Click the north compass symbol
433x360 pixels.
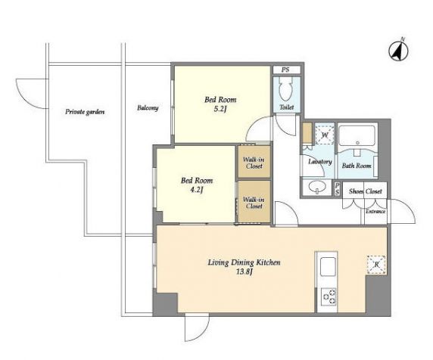click(x=398, y=51)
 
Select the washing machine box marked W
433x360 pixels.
click(x=325, y=135)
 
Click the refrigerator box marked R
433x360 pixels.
click(x=376, y=265)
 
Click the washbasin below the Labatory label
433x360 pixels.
click(x=316, y=187)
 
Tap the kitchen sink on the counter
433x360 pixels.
click(x=328, y=266)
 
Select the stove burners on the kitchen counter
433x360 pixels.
click(x=329, y=296)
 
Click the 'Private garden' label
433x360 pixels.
click(x=85, y=112)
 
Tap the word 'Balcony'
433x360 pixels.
click(x=148, y=108)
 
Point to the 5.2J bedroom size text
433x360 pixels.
click(x=220, y=109)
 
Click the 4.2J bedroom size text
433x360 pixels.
click(x=197, y=190)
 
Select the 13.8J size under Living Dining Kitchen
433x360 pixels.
click(x=244, y=272)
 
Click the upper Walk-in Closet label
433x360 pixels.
click(x=254, y=163)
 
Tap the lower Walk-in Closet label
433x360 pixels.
click(x=254, y=203)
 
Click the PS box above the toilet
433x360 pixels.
click(x=287, y=70)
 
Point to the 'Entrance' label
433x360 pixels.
click(x=375, y=212)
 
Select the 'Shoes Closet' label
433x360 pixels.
click(x=366, y=191)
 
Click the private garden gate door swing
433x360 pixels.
click(x=32, y=94)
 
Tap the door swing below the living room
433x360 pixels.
click(x=197, y=327)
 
